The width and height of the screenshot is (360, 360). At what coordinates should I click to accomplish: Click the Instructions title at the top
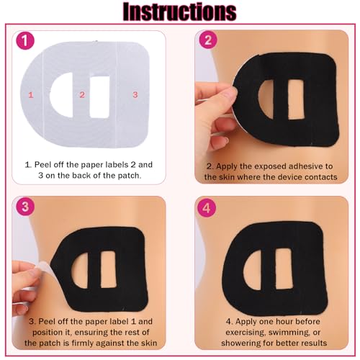pos(180,13)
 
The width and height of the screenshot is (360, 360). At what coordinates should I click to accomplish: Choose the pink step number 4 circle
pos(207,208)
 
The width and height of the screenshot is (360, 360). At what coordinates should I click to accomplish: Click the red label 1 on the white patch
pos(30,94)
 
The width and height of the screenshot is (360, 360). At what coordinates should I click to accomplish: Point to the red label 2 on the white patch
pos(82,94)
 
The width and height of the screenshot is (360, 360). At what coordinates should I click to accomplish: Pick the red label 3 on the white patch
pos(135,94)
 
